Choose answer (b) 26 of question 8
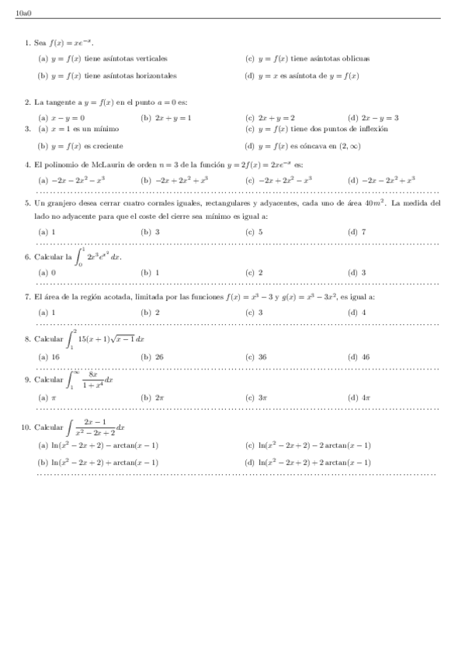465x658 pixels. pyautogui.click(x=152, y=357)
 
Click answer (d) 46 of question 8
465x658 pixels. pyautogui.click(x=359, y=357)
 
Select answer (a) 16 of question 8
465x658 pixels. pyautogui.click(x=49, y=357)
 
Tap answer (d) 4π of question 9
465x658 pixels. pyautogui.click(x=359, y=397)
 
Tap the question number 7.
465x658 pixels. pyautogui.click(x=27, y=296)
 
